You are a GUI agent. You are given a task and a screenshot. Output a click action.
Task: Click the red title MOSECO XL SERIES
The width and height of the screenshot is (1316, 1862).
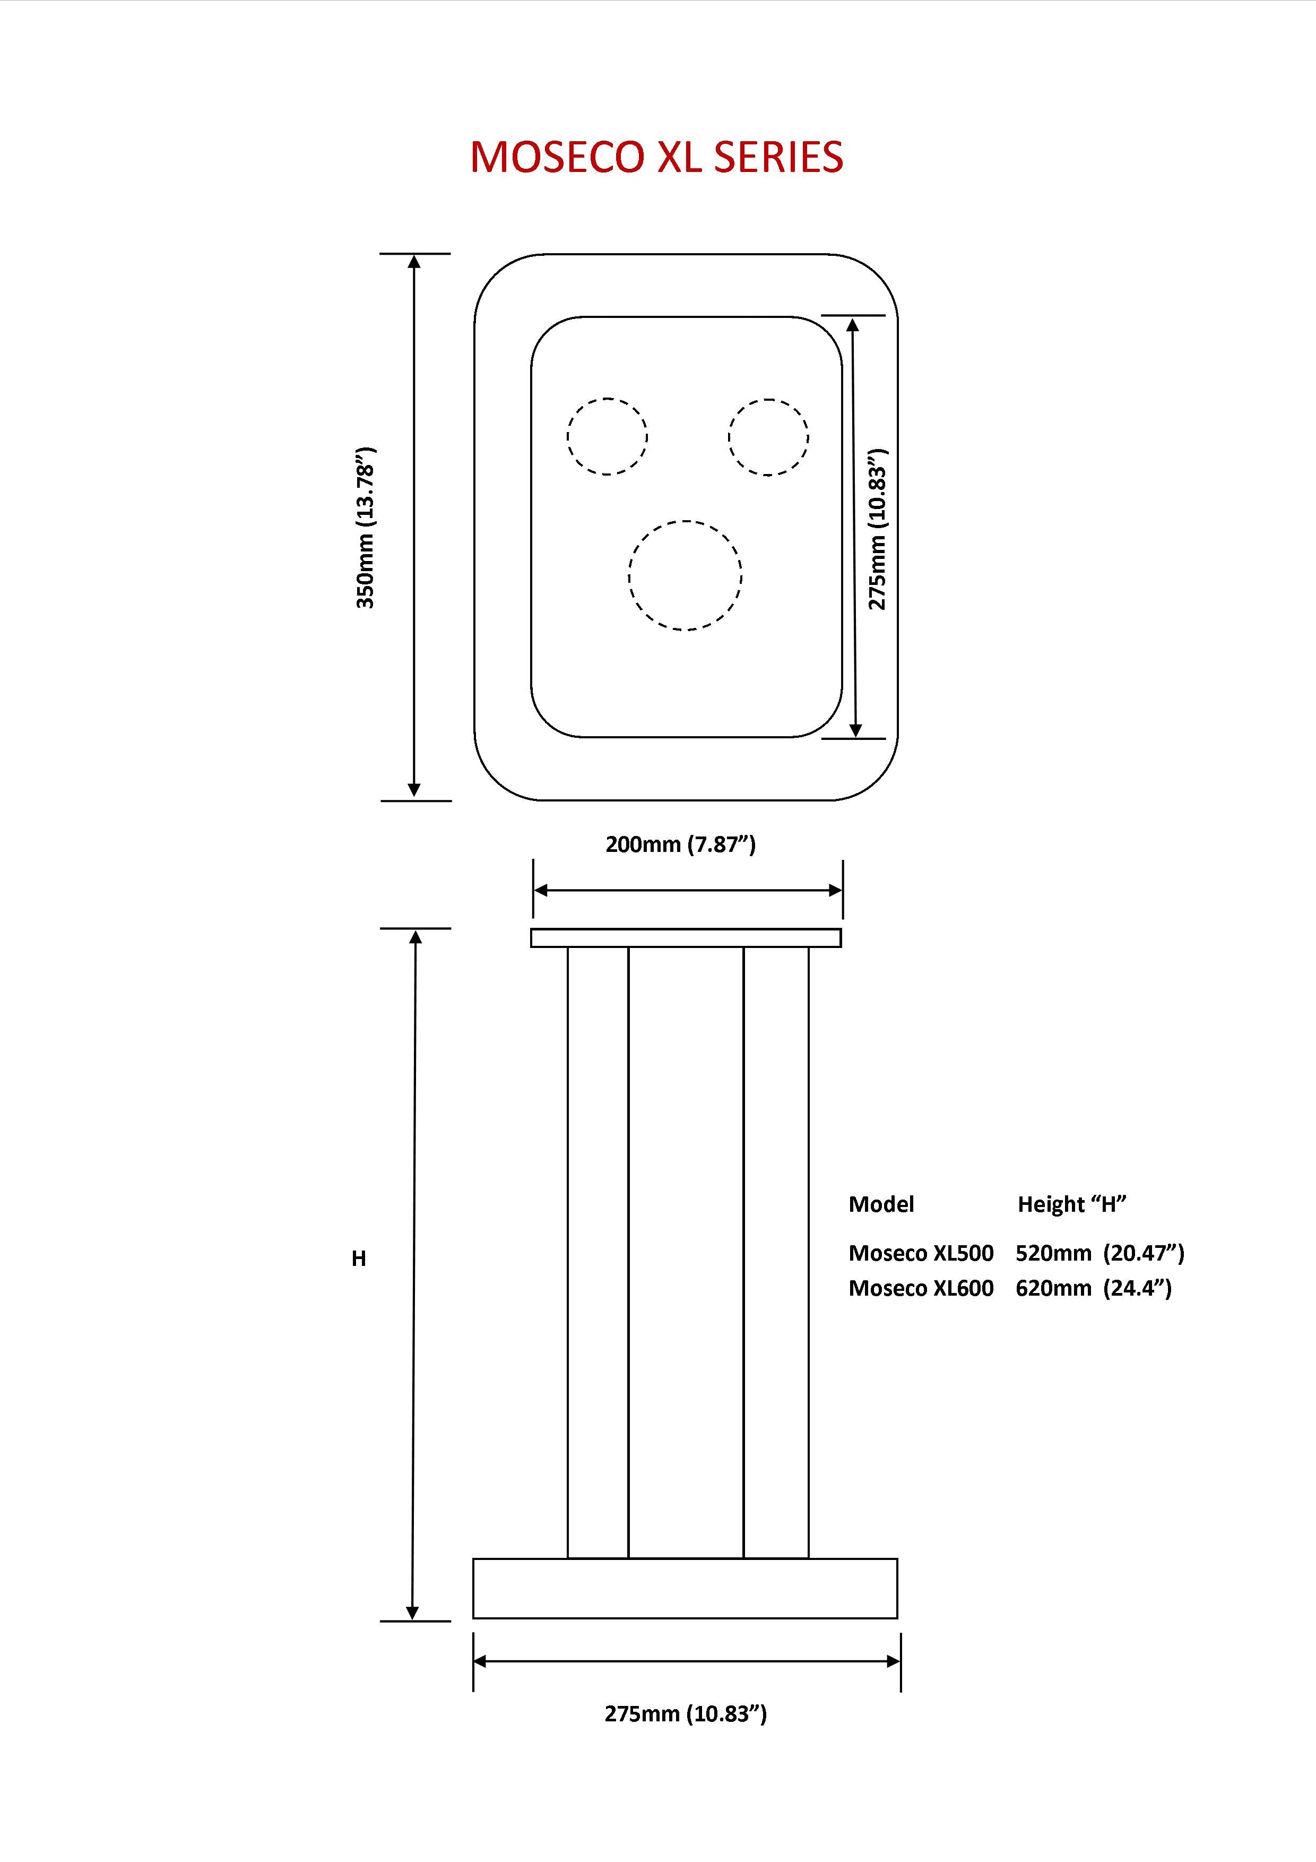(x=657, y=157)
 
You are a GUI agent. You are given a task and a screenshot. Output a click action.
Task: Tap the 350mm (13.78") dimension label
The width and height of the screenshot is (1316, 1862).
(x=367, y=527)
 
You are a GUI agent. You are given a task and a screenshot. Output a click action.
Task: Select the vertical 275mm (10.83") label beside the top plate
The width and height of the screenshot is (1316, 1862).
(x=878, y=529)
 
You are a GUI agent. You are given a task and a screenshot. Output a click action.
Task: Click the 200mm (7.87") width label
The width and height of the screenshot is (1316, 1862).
(x=680, y=845)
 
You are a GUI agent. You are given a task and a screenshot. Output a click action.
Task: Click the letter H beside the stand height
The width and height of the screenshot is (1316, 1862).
(x=358, y=1258)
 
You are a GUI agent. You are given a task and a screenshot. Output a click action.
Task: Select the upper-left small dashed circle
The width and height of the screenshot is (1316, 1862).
(x=607, y=436)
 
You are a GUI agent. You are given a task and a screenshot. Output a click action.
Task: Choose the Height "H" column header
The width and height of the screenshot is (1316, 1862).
(x=1072, y=1204)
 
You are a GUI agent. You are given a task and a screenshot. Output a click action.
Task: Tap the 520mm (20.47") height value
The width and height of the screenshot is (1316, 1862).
(x=1099, y=1253)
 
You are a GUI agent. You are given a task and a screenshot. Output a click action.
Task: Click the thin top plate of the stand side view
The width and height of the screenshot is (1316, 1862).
(x=686, y=937)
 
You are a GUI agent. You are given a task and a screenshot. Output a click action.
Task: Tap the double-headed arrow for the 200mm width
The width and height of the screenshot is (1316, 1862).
(x=688, y=891)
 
